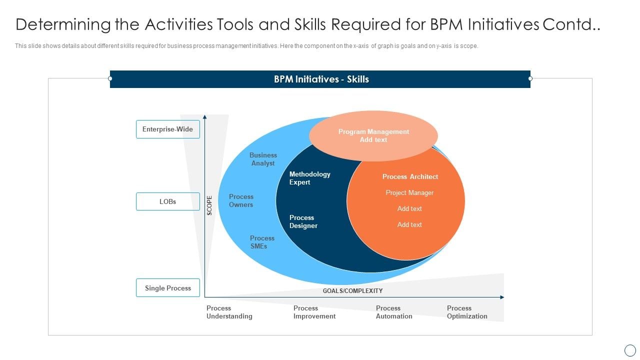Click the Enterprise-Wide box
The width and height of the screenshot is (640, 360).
coord(167,129)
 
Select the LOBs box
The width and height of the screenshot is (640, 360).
coord(167,201)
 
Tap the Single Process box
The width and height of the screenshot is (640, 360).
coord(167,288)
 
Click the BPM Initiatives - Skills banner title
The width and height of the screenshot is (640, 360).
coord(321,79)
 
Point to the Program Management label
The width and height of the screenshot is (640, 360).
coord(373,132)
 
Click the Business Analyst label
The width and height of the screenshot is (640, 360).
coord(263,159)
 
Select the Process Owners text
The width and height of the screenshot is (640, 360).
coord(241,200)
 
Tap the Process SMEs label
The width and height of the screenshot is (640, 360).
coord(262,242)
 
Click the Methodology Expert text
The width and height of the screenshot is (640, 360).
coord(309,178)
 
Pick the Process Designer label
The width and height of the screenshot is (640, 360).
coord(303,221)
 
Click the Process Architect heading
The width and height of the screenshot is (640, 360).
coord(410,176)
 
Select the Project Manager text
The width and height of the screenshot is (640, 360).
coord(409,192)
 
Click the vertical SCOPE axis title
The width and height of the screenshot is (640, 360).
coord(209,205)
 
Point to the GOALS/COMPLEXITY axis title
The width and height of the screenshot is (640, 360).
coord(352,290)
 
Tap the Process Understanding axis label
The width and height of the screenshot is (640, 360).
coord(229,312)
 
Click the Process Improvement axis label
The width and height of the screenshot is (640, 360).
coord(314,312)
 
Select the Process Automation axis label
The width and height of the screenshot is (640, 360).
coord(394,312)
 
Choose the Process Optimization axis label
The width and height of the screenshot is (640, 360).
coord(467,312)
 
